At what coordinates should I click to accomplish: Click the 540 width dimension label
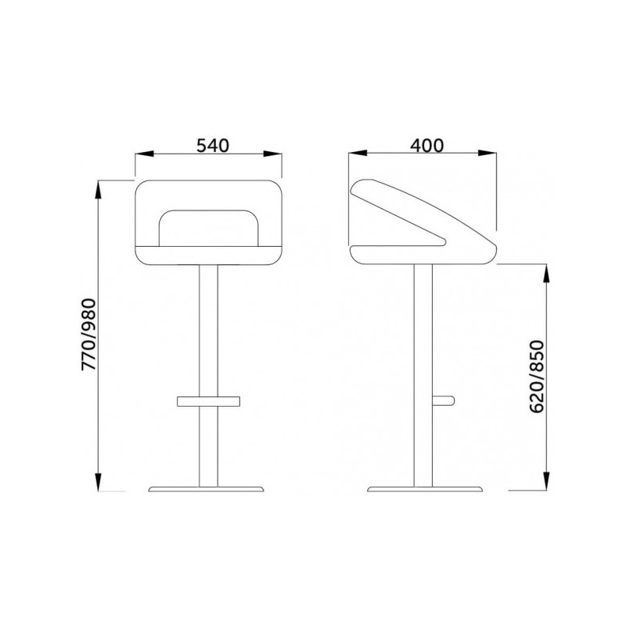213,146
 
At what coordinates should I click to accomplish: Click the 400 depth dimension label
426,146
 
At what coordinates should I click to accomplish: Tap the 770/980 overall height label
89,334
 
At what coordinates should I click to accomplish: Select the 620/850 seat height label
537,377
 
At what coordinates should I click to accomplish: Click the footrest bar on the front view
208,401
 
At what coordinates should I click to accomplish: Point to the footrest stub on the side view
443,400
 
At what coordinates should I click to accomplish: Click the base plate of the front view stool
206,489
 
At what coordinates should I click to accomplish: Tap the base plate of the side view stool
425,489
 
